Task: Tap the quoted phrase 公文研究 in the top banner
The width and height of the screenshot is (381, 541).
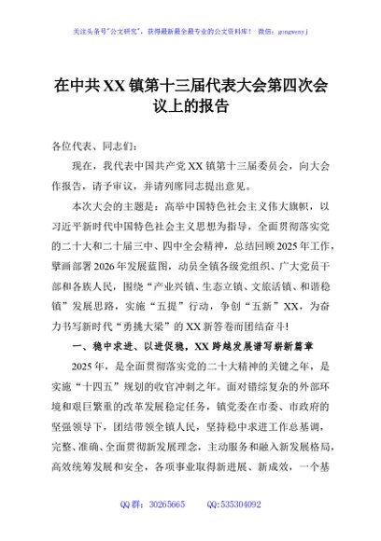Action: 136,30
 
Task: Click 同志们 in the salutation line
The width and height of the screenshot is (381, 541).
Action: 121,146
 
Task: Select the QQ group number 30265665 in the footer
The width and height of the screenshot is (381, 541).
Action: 174,529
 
